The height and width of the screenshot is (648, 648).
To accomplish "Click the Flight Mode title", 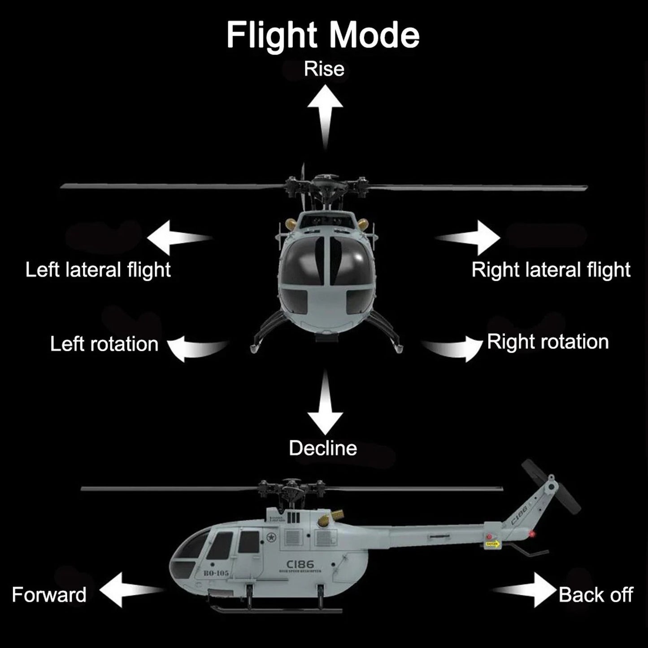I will tap(323, 35).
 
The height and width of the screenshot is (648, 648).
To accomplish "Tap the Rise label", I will tap(324, 70).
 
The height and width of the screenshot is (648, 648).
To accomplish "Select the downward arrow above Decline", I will tap(325, 404).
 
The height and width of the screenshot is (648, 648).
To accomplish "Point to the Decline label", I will tap(323, 448).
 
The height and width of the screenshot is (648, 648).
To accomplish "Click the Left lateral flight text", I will tap(98, 270).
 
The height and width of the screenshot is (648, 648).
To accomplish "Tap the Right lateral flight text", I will tap(551, 270).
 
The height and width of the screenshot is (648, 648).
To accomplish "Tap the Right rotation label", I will tap(548, 342).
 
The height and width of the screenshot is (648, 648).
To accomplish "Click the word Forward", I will tap(49, 595).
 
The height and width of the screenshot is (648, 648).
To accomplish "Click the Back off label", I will tap(596, 595).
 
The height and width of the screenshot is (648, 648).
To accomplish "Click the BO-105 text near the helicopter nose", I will tap(216, 573).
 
